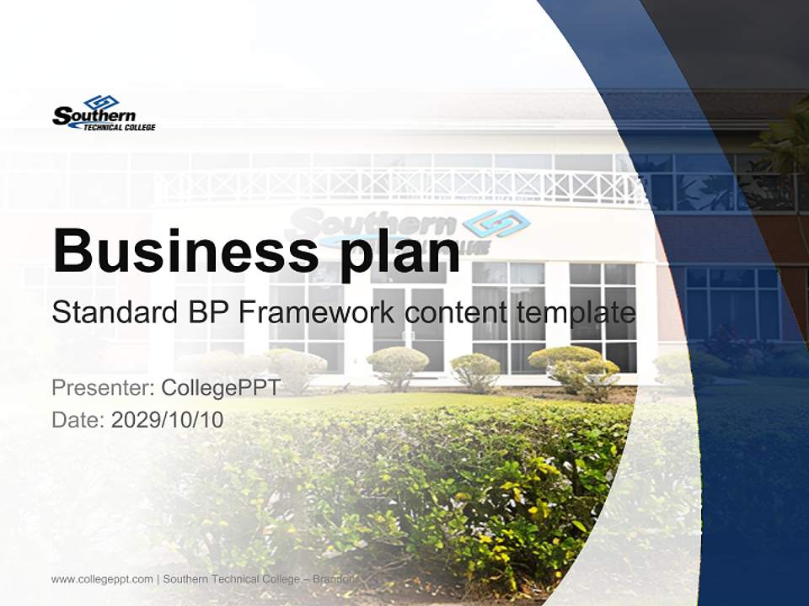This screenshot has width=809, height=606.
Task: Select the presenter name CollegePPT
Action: coord(221,387)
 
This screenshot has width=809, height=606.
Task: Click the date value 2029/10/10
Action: coord(168,420)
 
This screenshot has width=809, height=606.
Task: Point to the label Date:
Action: coord(78,420)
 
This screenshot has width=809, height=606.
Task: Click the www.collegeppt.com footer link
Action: coord(102,579)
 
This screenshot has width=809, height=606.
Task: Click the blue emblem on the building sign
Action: coord(497,223)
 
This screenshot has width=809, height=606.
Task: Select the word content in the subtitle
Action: coord(456,313)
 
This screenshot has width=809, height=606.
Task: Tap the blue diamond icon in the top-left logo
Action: coord(101,103)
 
